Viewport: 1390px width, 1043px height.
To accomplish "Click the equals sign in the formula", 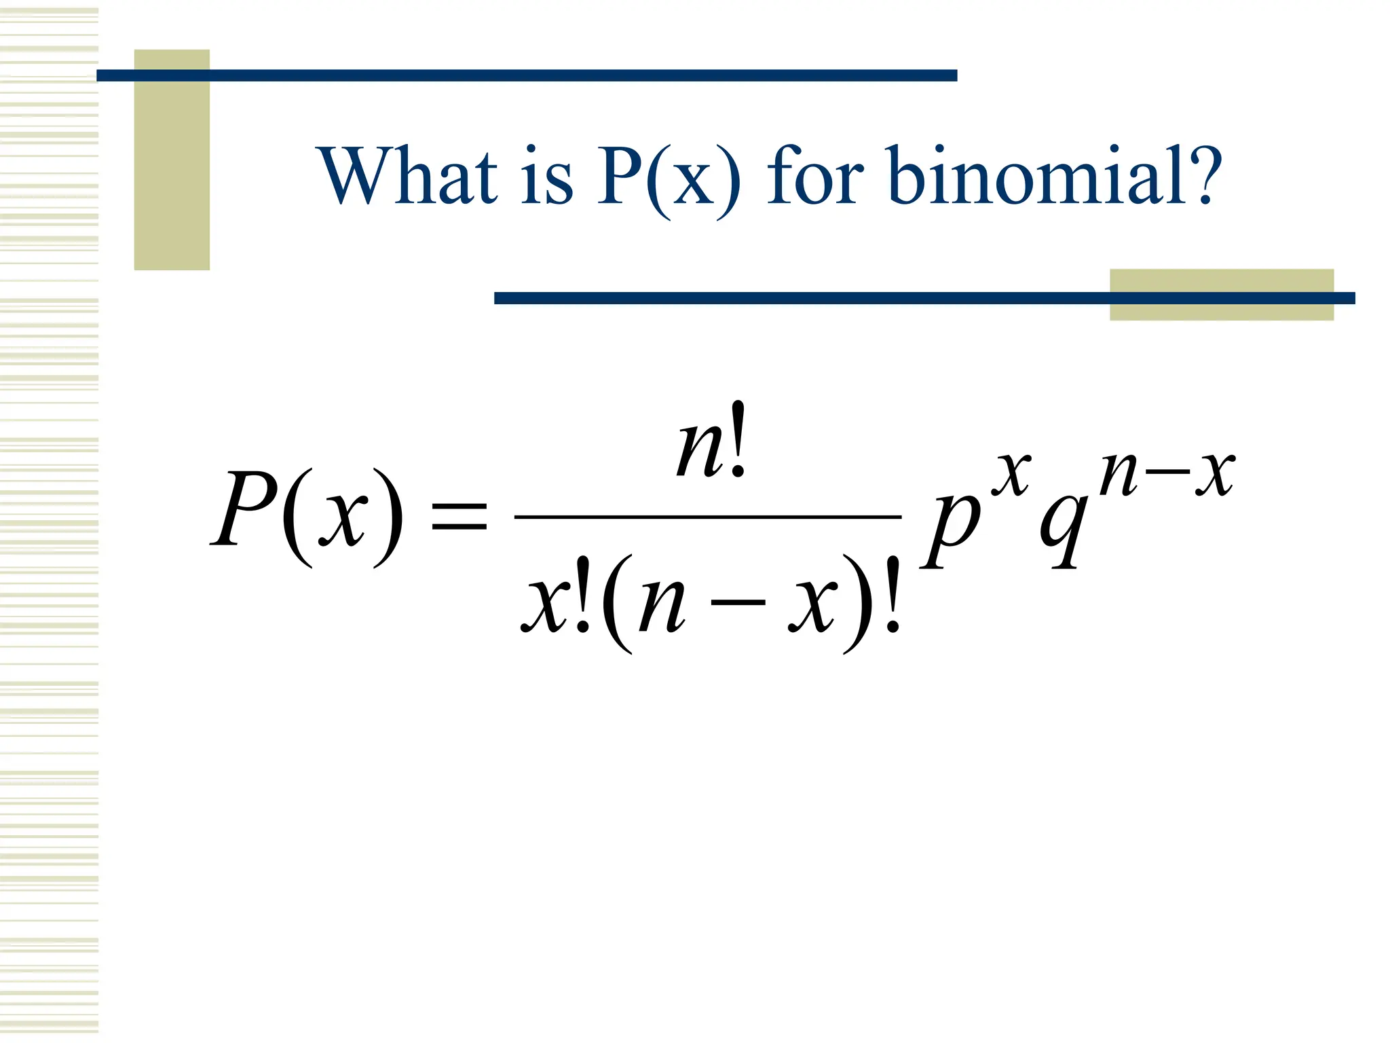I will [x=459, y=515].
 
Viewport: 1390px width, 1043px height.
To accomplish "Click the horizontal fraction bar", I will [x=708, y=517].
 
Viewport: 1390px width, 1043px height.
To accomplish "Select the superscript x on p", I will [x=1011, y=473].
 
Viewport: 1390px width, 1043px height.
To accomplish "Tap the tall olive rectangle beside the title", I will [x=172, y=160].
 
